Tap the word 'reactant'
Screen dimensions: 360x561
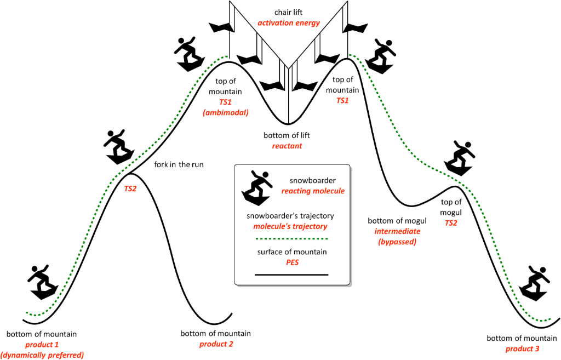tap(287, 146)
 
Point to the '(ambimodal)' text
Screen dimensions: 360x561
tap(228, 113)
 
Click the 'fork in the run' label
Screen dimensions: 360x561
tap(178, 163)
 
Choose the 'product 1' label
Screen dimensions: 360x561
tap(42, 345)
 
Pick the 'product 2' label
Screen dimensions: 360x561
tap(216, 345)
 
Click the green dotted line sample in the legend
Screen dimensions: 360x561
tap(291, 239)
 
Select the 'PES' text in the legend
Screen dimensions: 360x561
tap(291, 263)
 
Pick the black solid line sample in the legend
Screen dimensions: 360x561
tap(291, 274)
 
